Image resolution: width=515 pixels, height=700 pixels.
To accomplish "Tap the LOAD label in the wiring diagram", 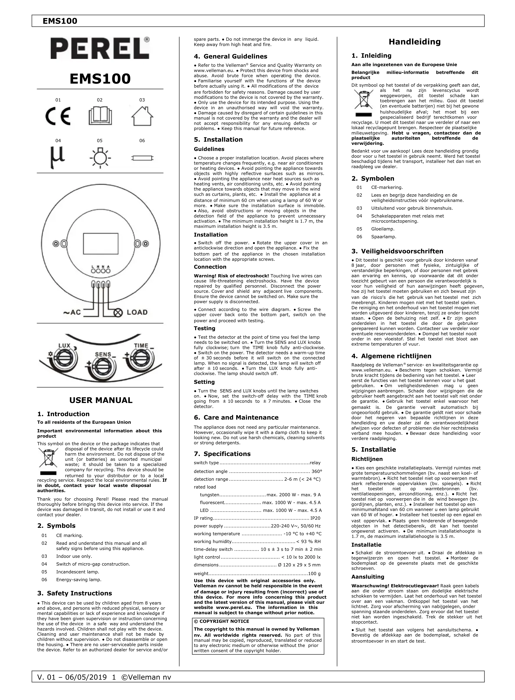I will click(137, 312).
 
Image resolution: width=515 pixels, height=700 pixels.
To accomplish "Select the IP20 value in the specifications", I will click(315, 518).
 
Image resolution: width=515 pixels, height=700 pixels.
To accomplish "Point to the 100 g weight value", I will click(315, 573).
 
